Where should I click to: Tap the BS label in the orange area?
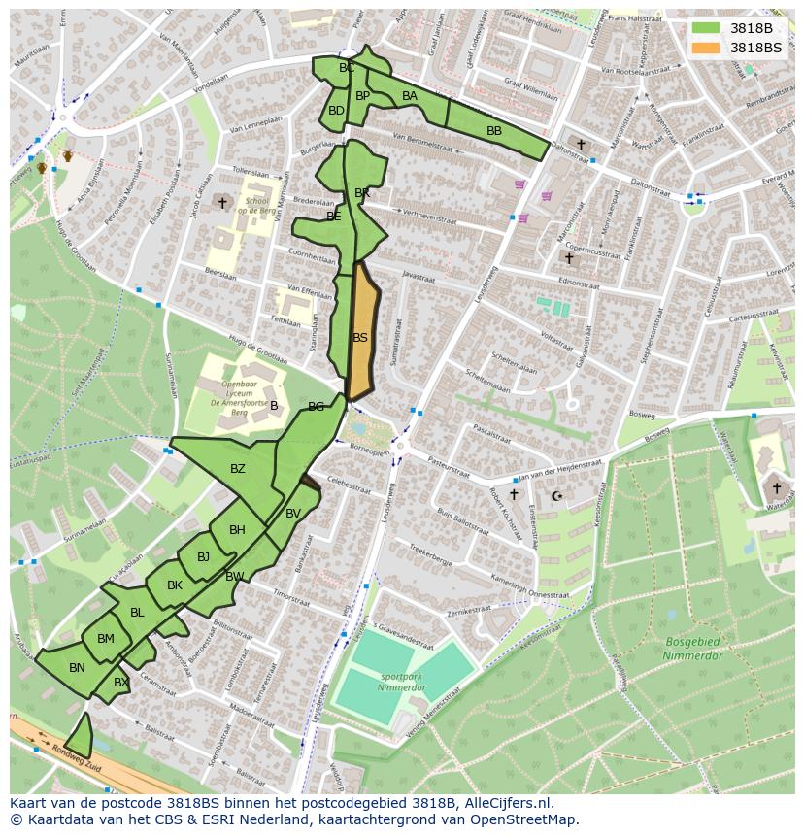[x=360, y=338]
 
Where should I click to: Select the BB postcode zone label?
[x=494, y=131]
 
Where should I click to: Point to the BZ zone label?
[x=238, y=469]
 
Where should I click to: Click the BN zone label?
[x=77, y=668]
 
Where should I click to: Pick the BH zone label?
[x=237, y=530]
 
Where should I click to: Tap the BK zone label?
[x=175, y=585]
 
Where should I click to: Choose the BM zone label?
[x=106, y=639]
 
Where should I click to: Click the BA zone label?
[x=410, y=96]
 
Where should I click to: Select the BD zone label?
[x=336, y=111]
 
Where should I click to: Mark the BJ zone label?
[x=203, y=557]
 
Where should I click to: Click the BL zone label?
[x=137, y=613]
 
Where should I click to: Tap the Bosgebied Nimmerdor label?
[x=692, y=649]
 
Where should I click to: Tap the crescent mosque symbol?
[x=556, y=496]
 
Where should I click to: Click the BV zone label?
[x=293, y=514]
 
